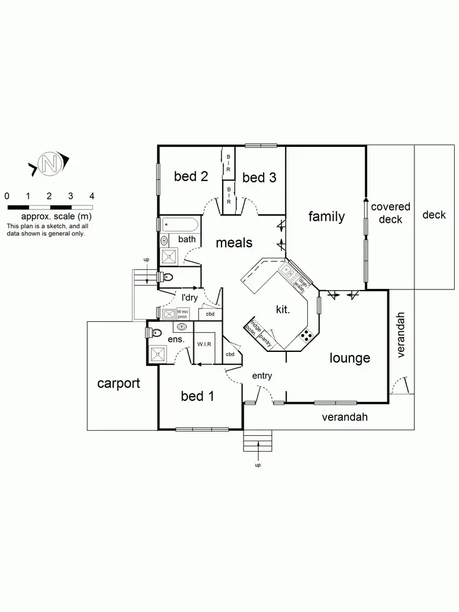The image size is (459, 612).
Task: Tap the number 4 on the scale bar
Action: coord(91,196)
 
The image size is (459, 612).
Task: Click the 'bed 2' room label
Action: coord(191,177)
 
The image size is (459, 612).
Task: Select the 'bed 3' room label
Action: coord(259,177)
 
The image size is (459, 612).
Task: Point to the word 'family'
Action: coord(326,216)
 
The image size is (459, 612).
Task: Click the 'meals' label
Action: coord(234,243)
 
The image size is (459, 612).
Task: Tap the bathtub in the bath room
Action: coord(179,224)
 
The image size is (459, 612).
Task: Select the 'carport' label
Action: coord(119,384)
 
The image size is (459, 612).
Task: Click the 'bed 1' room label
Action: coord(197,397)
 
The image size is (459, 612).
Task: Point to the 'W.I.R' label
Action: coord(204,345)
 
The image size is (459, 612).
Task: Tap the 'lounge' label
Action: coord(349,358)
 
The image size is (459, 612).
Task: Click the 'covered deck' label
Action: coord(390,213)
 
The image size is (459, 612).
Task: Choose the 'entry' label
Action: coord(262,376)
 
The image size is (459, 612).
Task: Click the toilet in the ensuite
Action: coord(154,334)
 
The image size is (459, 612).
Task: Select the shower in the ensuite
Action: coord(157,354)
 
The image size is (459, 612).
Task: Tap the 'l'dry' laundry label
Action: coord(189,297)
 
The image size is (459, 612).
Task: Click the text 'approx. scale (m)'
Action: coord(56,217)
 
